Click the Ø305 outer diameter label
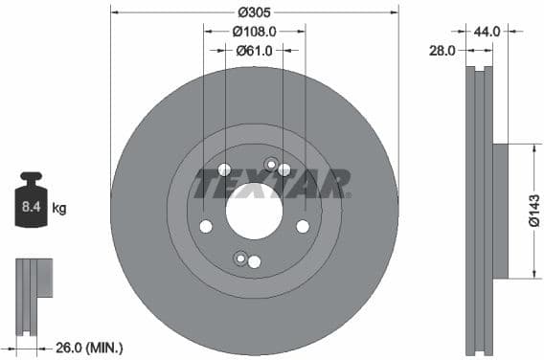pyautogui.click(x=254, y=12)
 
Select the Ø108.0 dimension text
pyautogui.click(x=254, y=31)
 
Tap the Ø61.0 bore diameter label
pyautogui.click(x=254, y=50)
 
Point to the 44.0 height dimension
pyautogui.click(x=487, y=31)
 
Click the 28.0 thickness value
pyautogui.click(x=442, y=51)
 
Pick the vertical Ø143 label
pyautogui.click(x=534, y=211)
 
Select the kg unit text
pyautogui.click(x=59, y=207)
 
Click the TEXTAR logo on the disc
pyautogui.click(x=272, y=182)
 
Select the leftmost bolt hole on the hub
pyautogui.click(x=205, y=227)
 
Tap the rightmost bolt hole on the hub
pyautogui.click(x=303, y=226)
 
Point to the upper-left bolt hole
pyautogui.click(x=224, y=170)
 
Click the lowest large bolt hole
pyautogui.click(x=254, y=261)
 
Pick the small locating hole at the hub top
pyautogui.click(x=270, y=164)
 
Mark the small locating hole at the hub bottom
pyautogui.click(x=239, y=257)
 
